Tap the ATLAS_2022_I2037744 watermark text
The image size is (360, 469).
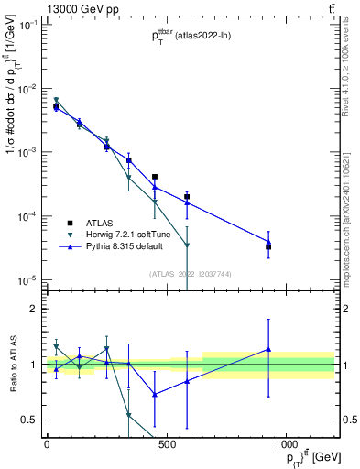[x=189, y=273]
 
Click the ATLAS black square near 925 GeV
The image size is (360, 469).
[x=268, y=246]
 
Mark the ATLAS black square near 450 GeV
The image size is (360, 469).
[x=155, y=177]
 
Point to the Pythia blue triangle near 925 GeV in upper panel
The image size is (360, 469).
[x=268, y=242]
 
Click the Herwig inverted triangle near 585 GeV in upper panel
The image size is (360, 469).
[x=187, y=245]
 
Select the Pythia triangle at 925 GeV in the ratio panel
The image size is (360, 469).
[x=268, y=349]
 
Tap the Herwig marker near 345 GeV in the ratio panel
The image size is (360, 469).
[x=129, y=415]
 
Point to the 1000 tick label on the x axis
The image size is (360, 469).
[x=286, y=444]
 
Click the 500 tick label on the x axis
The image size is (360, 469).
[x=167, y=444]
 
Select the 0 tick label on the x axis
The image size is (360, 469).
[x=47, y=444]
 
